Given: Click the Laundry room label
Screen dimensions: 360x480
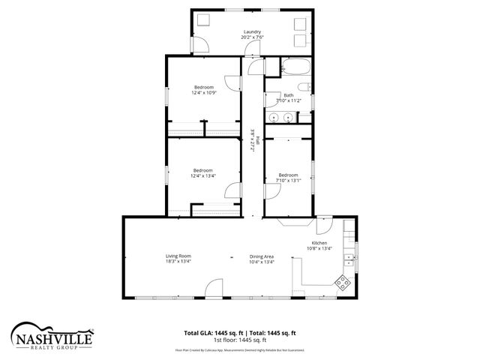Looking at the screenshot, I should (x=251, y=31).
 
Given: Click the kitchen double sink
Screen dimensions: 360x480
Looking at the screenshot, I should (x=349, y=261).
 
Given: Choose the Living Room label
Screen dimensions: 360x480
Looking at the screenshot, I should (x=178, y=256).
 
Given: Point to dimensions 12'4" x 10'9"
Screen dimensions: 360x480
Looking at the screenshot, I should (x=204, y=93).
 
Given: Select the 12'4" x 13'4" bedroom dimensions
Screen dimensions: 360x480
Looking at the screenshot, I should (x=204, y=175).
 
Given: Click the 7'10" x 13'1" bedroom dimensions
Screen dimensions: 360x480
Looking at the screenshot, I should (x=289, y=180).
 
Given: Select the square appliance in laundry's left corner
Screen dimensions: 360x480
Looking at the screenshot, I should (x=202, y=21).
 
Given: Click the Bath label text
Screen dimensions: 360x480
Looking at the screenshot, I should (x=289, y=95).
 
